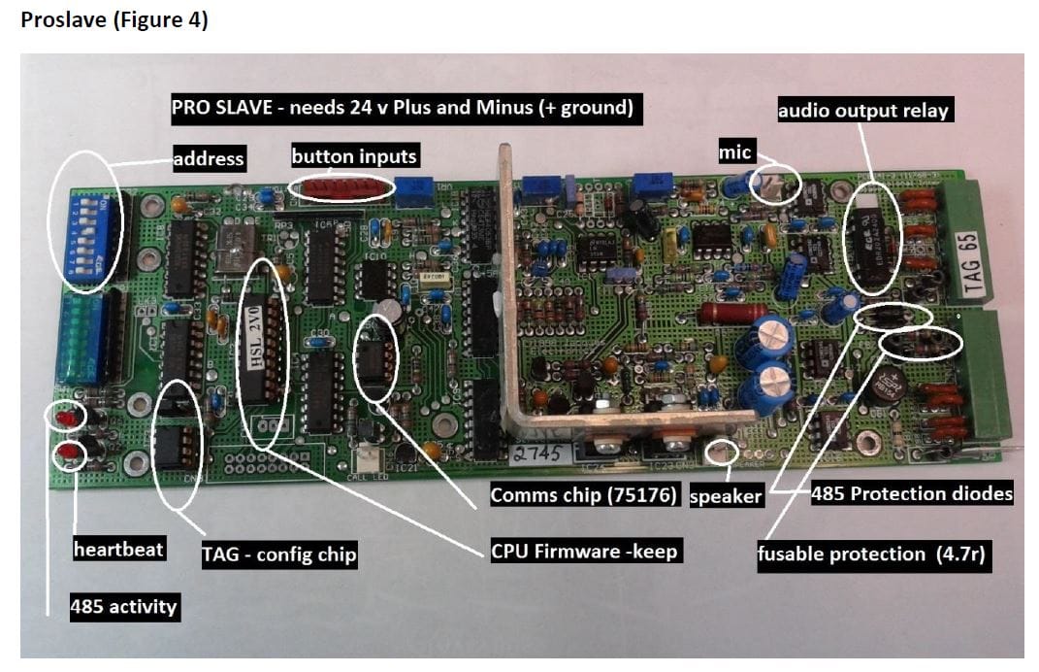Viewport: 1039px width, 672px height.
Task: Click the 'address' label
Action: coord(209,158)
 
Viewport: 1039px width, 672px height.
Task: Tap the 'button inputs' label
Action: coord(354,156)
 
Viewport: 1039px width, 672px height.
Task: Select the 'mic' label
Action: coord(734,151)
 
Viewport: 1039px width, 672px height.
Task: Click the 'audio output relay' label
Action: coord(862,110)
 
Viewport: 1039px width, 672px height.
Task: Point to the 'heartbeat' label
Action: coord(118,549)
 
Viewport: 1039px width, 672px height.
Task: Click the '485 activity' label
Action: coord(124,607)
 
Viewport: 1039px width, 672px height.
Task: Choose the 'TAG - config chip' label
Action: coord(279,554)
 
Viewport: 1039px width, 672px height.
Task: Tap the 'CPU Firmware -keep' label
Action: coord(585,552)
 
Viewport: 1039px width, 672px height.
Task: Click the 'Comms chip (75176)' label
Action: coord(585,495)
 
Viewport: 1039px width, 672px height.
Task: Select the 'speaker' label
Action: coord(725,496)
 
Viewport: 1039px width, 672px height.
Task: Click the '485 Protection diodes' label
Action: coord(912,494)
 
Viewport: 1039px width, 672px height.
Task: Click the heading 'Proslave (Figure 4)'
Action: coord(114,20)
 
